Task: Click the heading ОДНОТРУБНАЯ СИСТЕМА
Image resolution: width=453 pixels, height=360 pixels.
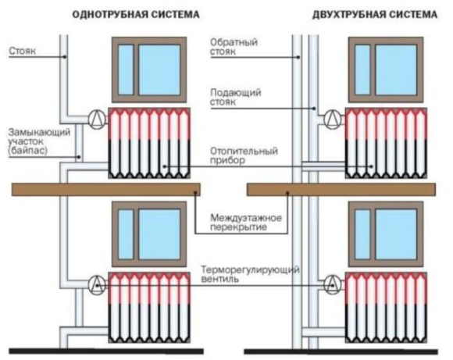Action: (136, 14)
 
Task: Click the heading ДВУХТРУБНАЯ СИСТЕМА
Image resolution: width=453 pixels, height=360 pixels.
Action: (375, 14)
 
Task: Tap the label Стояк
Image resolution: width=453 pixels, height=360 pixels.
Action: (23, 51)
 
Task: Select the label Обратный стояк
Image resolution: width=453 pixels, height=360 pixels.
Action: (234, 47)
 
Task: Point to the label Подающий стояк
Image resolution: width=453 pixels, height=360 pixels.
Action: (235, 97)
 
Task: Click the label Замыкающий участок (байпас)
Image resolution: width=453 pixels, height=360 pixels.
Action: (39, 141)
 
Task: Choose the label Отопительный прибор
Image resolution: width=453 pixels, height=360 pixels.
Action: (244, 155)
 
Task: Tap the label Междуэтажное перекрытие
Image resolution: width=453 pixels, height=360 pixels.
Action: (246, 223)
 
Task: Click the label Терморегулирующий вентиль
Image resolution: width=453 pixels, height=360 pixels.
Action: (250, 274)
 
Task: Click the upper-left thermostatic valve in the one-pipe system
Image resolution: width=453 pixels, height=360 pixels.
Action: (97, 119)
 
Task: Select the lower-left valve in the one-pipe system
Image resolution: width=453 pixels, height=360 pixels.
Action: (97, 285)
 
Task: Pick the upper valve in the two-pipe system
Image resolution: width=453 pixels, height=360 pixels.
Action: (333, 119)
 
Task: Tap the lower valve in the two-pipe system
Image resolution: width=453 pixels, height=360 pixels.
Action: (333, 284)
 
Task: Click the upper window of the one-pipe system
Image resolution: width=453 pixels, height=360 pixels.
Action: (149, 70)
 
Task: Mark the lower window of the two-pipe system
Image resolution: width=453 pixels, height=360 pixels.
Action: (386, 234)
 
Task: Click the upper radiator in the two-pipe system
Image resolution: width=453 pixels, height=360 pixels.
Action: (386, 143)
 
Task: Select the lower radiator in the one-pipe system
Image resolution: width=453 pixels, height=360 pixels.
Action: (149, 308)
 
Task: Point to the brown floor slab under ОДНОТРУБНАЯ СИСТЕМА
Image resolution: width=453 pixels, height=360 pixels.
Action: (106, 189)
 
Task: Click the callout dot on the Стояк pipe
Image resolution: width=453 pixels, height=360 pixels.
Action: (65, 57)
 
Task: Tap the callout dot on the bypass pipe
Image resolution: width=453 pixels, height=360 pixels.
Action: (79, 157)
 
